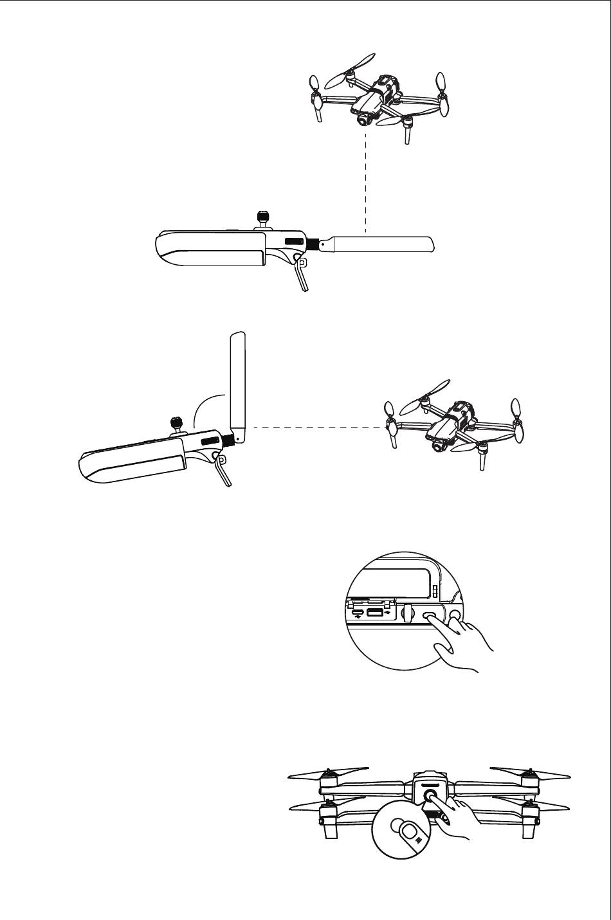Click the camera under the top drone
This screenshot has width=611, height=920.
click(x=364, y=119)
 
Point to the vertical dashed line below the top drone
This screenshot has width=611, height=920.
click(x=365, y=180)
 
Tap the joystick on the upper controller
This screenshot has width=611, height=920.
click(x=262, y=218)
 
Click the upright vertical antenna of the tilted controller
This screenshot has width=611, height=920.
click(x=237, y=386)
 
